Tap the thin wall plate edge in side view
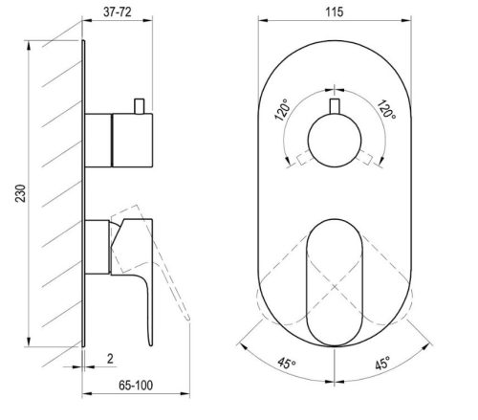[87, 191]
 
